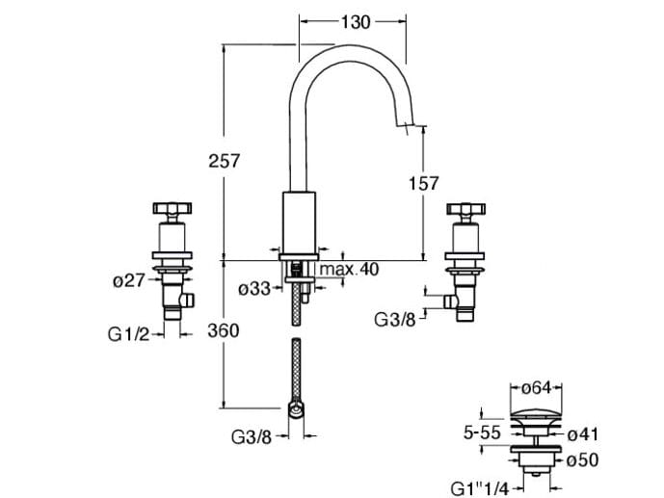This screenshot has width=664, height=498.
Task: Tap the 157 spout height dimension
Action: pos(422,183)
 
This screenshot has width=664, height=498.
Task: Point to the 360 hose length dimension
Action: pos(223,330)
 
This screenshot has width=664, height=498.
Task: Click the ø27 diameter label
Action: pos(128,281)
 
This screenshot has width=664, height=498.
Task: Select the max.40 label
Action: pos(349,269)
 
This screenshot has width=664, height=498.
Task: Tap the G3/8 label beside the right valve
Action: pos(397,318)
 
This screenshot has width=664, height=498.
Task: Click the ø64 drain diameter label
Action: pos(536,388)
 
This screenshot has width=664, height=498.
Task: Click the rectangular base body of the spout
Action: pos(299,222)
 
